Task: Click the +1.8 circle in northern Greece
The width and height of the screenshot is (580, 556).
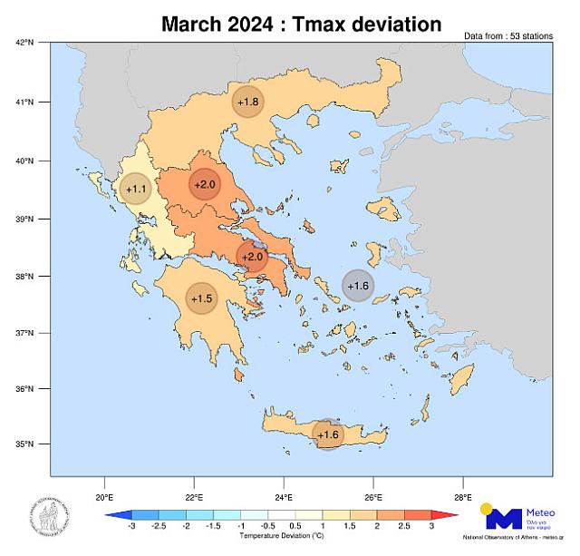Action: [248, 102]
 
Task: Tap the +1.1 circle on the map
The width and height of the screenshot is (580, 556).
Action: [136, 189]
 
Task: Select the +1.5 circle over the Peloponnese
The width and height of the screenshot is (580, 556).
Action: [202, 298]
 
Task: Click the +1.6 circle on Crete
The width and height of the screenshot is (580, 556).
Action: [327, 435]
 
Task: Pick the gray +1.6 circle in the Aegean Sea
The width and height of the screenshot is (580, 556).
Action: [358, 286]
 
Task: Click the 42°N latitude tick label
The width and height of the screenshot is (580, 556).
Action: [25, 42]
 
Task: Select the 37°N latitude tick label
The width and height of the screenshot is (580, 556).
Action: [25, 334]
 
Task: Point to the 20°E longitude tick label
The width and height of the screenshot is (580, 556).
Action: [104, 496]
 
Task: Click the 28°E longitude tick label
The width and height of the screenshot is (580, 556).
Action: [463, 496]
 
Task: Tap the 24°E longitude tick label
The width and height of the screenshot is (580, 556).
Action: [284, 496]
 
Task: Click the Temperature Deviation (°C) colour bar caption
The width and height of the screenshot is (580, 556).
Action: [282, 537]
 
